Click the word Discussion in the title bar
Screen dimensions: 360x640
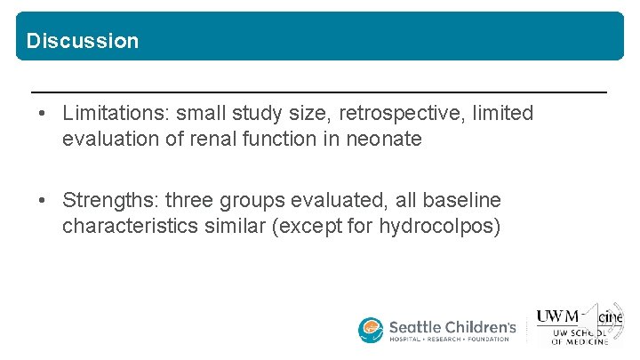tap(83, 41)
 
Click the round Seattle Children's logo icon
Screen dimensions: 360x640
tap(371, 330)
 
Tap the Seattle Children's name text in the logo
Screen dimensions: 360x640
tap(452, 326)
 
